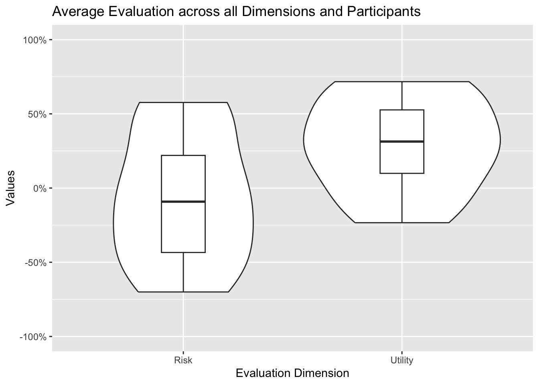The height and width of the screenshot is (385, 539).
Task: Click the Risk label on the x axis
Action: pos(183,360)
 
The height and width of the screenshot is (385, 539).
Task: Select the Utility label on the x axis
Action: pos(401,360)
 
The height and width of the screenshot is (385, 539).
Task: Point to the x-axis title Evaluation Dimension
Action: pos(292,373)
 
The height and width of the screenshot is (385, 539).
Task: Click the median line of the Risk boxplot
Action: pos(183,201)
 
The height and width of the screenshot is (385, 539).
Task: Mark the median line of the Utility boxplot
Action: pos(401,142)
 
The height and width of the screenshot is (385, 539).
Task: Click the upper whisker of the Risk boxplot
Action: pos(183,128)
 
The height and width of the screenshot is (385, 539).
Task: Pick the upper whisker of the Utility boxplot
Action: pos(401,95)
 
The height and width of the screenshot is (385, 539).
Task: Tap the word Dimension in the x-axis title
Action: pos(321,373)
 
